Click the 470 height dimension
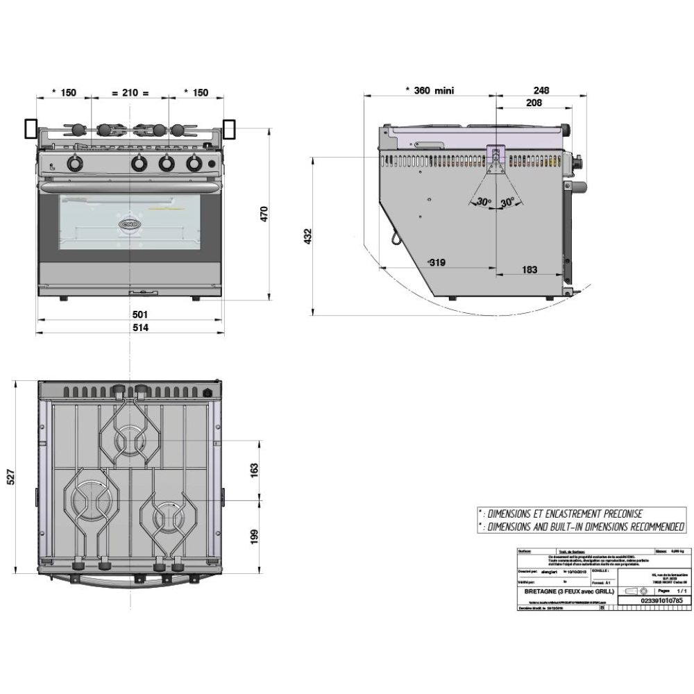point(264,214)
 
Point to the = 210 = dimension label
point(131,92)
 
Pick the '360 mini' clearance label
point(428,90)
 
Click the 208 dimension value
point(533,103)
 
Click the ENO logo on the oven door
point(130,223)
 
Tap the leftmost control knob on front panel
point(74,164)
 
